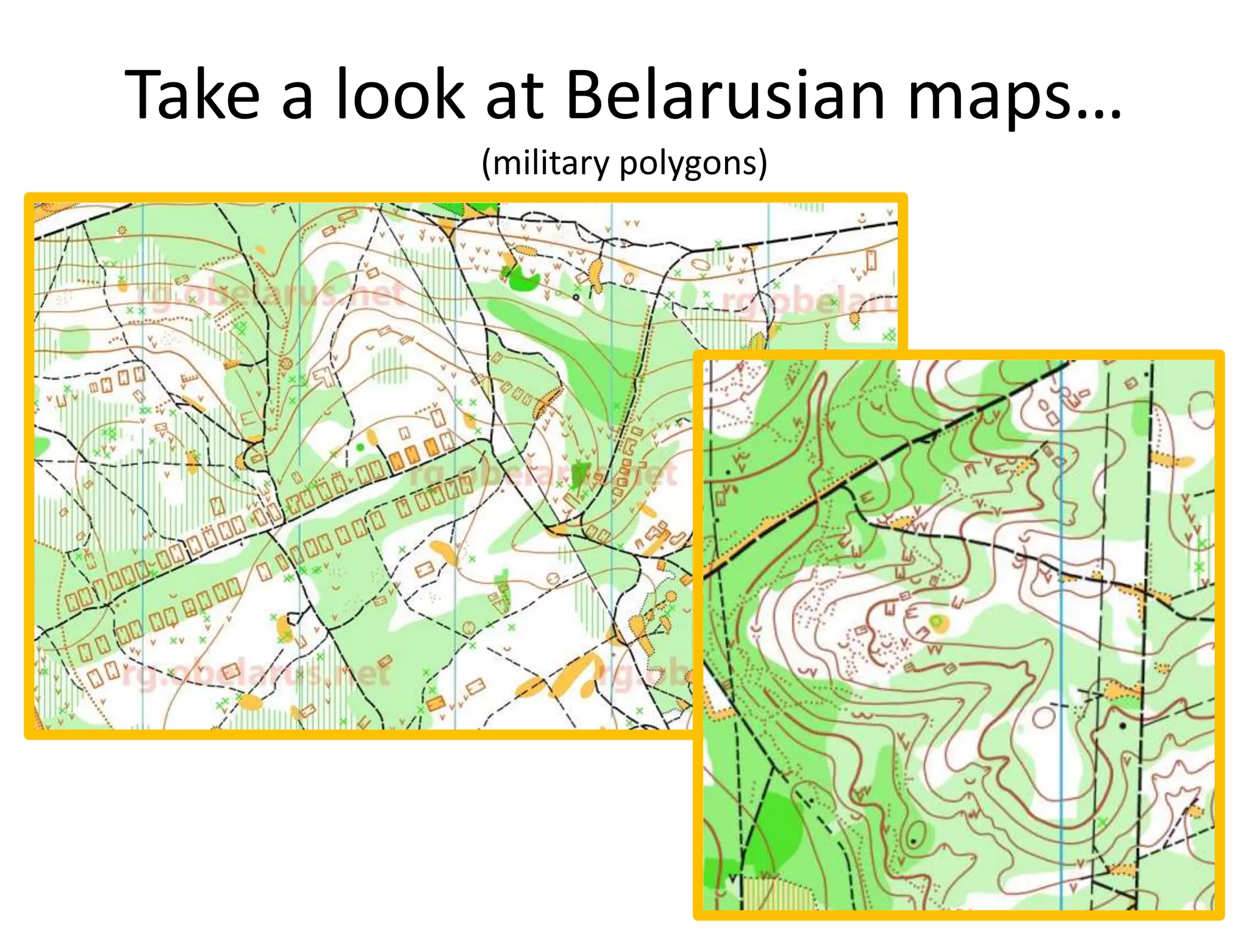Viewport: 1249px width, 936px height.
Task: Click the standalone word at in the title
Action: click(x=514, y=96)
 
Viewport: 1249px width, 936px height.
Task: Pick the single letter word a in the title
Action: click(x=297, y=101)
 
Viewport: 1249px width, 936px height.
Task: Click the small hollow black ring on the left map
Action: click(x=576, y=297)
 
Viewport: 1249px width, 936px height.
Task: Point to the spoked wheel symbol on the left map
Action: click(x=284, y=364)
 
